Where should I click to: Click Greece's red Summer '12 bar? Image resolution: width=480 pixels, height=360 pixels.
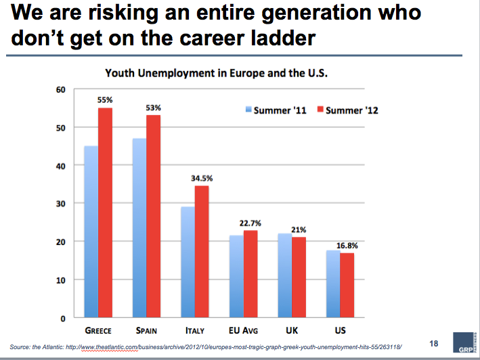click(x=106, y=212)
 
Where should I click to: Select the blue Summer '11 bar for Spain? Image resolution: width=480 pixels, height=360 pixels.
click(x=139, y=228)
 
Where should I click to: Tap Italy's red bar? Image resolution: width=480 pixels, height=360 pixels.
click(x=202, y=252)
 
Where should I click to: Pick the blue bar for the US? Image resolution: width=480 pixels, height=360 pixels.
click(x=333, y=284)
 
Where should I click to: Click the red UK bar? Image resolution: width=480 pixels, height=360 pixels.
click(x=299, y=277)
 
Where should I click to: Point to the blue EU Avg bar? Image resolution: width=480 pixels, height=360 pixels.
click(x=237, y=276)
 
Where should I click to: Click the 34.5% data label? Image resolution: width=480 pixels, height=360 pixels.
click(x=202, y=179)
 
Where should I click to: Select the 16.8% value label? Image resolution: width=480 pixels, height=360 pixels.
click(x=347, y=246)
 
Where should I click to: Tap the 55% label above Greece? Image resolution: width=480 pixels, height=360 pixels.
click(x=105, y=100)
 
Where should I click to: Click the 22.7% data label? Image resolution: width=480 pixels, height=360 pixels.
click(x=250, y=223)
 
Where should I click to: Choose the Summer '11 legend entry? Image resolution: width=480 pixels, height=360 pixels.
click(x=276, y=110)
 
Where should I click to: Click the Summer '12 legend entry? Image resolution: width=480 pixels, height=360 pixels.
click(x=348, y=110)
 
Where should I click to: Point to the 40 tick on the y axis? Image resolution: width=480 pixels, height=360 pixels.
click(x=61, y=166)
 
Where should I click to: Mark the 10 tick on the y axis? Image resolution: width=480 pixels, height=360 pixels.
click(x=61, y=280)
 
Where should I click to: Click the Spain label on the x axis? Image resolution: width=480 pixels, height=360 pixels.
click(x=146, y=331)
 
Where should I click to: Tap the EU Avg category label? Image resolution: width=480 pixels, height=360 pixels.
click(x=243, y=331)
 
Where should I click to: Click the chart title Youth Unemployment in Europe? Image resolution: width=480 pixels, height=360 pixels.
click(x=216, y=73)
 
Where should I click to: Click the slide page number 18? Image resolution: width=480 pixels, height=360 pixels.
click(x=434, y=344)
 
